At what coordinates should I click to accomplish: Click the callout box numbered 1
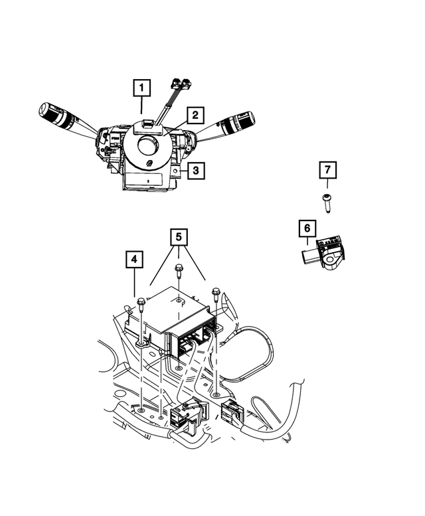click(x=141, y=88)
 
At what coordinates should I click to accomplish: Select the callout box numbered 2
click(x=194, y=116)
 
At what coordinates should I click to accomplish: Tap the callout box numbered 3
click(x=195, y=171)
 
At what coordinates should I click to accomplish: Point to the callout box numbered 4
click(x=135, y=260)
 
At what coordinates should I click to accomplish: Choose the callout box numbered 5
click(x=178, y=236)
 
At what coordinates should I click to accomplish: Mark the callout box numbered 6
click(x=307, y=229)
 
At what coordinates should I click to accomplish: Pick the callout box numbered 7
click(x=327, y=170)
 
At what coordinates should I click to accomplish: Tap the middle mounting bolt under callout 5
click(x=179, y=271)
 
